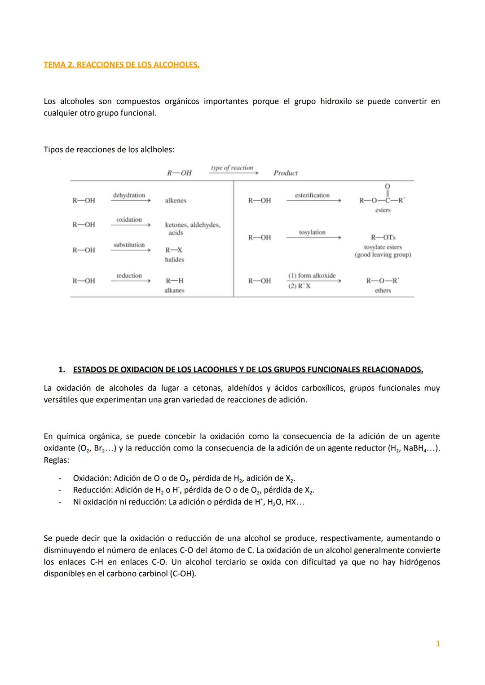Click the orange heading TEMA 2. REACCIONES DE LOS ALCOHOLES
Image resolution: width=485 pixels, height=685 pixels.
click(122, 65)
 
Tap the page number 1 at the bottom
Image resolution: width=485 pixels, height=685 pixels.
click(438, 644)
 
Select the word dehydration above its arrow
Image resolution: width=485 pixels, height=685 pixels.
click(129, 195)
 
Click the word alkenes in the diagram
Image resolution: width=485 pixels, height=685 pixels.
click(175, 201)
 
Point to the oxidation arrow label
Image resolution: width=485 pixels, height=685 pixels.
click(129, 220)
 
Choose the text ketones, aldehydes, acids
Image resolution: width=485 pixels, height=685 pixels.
click(192, 229)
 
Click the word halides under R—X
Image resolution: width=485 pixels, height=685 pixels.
click(174, 260)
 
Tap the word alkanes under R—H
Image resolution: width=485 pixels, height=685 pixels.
click(174, 291)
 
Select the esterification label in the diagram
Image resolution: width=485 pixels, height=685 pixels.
click(312, 195)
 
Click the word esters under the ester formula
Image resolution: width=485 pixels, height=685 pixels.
click(383, 210)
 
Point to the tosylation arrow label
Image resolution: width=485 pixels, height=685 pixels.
click(312, 232)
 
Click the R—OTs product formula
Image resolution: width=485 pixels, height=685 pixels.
click(383, 237)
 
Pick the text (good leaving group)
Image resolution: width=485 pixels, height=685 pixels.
click(383, 255)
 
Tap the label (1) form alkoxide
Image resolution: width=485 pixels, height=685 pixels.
click(312, 275)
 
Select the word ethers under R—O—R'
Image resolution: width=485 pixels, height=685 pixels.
click(383, 291)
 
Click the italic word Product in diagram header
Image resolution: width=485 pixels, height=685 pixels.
click(286, 173)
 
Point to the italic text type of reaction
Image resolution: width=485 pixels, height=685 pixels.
click(232, 168)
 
